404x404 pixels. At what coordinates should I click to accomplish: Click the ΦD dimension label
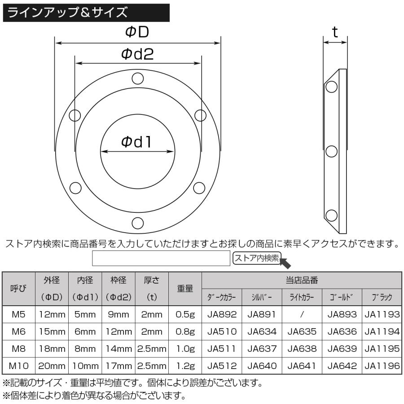(x=137, y=32)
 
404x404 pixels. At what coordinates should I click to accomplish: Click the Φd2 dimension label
(x=137, y=54)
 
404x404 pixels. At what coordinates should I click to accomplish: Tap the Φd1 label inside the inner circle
(x=137, y=142)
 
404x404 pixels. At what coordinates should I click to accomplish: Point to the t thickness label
(x=335, y=32)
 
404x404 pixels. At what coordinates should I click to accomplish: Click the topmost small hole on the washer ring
(x=137, y=79)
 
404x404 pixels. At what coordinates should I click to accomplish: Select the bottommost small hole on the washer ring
(x=137, y=222)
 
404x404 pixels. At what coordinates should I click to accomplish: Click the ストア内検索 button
(x=257, y=258)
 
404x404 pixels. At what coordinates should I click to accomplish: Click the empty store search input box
(x=161, y=259)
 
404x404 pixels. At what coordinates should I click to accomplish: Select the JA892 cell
(x=222, y=315)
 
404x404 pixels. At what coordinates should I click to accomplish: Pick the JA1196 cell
(x=382, y=366)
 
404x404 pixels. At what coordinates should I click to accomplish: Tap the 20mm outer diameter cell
(x=52, y=366)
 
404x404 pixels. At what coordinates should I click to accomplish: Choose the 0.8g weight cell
(x=185, y=332)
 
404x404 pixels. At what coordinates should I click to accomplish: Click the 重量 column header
(x=185, y=289)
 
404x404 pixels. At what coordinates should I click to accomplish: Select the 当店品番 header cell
(x=302, y=280)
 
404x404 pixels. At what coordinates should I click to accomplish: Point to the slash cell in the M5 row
(x=302, y=315)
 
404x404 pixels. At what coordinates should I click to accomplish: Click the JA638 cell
(x=302, y=349)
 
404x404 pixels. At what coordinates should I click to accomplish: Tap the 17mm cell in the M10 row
(x=119, y=366)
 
